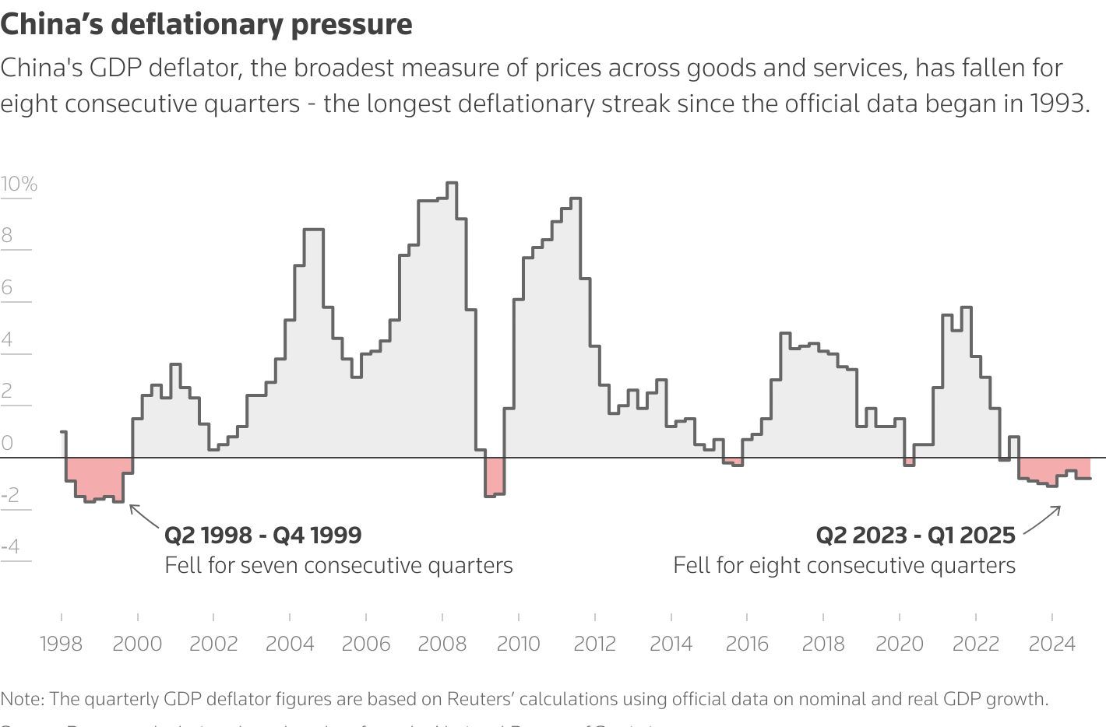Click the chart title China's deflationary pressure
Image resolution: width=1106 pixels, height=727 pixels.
pos(206,25)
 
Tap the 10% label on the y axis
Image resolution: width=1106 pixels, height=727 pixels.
pos(19,184)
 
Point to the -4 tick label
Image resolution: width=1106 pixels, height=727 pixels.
pos(10,547)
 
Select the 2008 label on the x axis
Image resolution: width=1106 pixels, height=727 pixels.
pos(442,644)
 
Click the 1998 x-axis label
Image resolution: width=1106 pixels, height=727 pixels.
pos(61,644)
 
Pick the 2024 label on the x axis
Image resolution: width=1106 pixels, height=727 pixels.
pos(1051,644)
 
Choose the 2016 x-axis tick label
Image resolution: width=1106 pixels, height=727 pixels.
pos(747,644)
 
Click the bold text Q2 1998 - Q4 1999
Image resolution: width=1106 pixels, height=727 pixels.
pos(263,536)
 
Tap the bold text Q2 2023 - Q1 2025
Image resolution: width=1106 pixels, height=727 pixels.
pos(915,536)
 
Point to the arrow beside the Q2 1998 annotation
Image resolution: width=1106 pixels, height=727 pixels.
pos(143,517)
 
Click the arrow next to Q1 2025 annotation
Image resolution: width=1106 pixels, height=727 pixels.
pos(1042,520)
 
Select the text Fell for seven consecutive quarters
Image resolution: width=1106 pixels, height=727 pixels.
pos(339,566)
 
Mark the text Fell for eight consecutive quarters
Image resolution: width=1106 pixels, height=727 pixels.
pos(844,566)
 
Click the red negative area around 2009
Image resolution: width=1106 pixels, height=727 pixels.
pos(495,476)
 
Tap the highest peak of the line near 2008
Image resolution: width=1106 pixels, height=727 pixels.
pos(452,183)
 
